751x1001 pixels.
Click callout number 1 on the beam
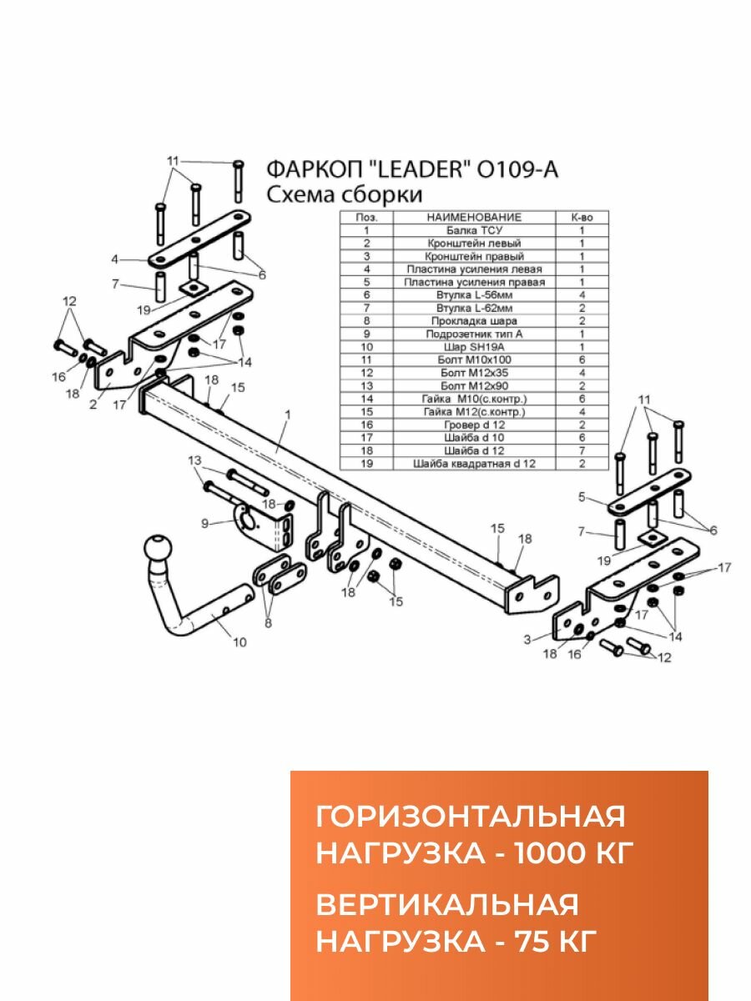coord(287,415)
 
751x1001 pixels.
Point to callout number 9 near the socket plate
coord(205,523)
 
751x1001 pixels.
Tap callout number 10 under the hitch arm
coord(239,641)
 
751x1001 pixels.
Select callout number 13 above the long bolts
coord(194,460)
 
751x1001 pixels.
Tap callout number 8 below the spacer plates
coord(267,621)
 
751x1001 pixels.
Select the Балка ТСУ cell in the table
coord(474,230)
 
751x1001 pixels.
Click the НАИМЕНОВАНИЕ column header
coord(474,217)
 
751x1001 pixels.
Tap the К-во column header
coord(582,217)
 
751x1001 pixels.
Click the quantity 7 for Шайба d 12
coord(582,450)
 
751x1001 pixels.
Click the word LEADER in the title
coord(415,169)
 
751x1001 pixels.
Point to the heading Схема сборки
coord(344,195)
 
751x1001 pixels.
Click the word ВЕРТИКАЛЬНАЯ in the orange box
coord(447,906)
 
